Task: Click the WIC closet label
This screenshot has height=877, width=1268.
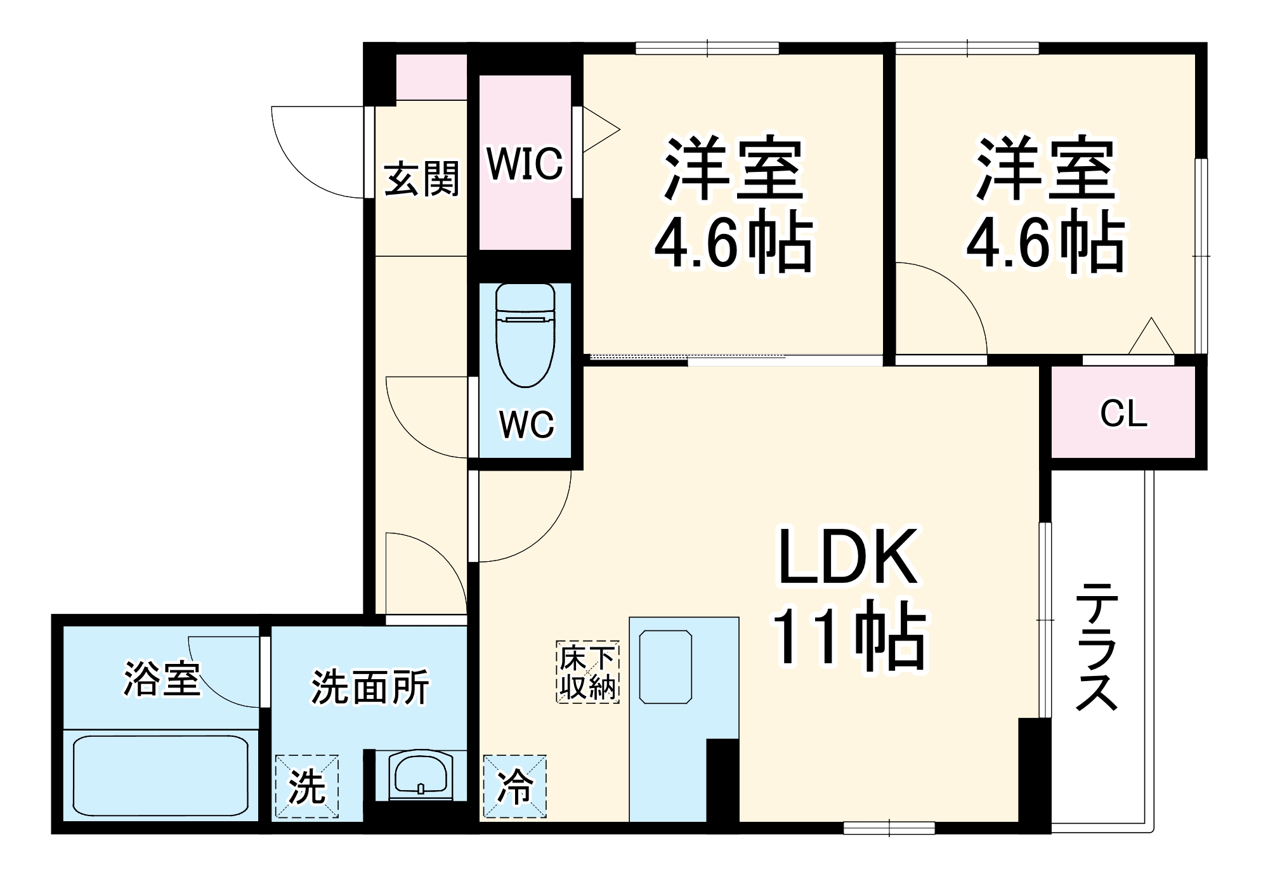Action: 525,164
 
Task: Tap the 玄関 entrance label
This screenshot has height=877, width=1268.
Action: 422,179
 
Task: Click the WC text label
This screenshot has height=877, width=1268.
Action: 526,424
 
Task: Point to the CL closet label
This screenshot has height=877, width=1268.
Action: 1123,414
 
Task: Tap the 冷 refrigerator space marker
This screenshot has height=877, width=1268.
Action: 514,786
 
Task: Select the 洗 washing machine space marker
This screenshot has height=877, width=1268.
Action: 307,786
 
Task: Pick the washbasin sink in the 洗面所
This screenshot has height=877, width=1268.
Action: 421,775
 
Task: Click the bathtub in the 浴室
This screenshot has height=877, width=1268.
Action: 160,775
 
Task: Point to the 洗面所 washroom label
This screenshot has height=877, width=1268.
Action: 370,687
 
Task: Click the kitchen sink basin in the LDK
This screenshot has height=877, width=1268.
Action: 665,666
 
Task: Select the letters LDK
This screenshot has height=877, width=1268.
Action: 847,557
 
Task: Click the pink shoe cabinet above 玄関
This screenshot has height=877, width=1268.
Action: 431,77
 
